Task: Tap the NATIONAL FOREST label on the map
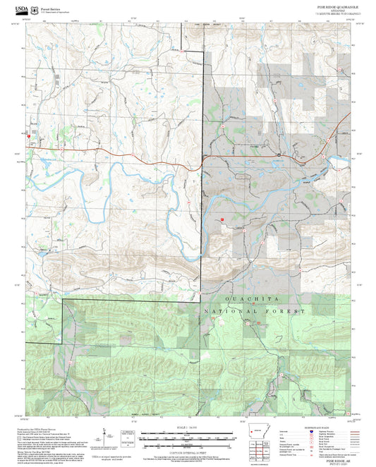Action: pyautogui.click(x=255, y=311)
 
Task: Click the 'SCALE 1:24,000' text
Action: pyautogui.click(x=188, y=427)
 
